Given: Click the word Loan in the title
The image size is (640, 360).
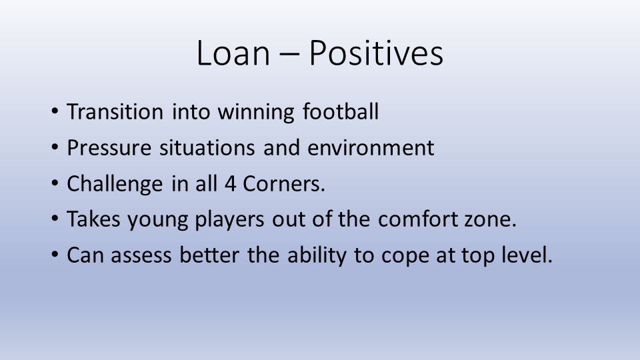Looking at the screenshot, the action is click(x=233, y=53).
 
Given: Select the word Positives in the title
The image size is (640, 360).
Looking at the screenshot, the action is click(x=376, y=53).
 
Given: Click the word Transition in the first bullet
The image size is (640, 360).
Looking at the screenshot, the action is click(x=115, y=111).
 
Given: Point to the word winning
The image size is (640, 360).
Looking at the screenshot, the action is click(x=255, y=112).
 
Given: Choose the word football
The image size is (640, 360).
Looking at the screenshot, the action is click(x=341, y=111).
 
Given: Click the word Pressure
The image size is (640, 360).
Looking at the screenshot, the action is click(x=109, y=147).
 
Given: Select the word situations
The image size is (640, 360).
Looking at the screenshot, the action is click(x=207, y=147).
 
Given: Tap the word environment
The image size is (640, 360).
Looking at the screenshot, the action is click(x=371, y=147).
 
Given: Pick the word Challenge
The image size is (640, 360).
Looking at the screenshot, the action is click(x=115, y=184).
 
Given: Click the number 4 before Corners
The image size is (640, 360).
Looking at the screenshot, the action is click(x=230, y=184).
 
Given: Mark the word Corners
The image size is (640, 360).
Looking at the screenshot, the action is click(x=284, y=184).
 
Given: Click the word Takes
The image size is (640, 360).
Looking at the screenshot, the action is click(x=93, y=219).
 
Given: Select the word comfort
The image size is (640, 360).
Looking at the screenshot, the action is click(x=417, y=219).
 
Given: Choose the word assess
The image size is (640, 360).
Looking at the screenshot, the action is click(x=141, y=256).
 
